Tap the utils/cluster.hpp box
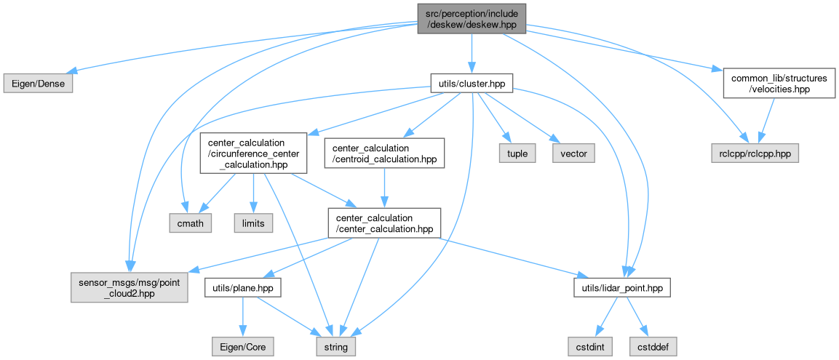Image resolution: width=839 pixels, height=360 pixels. [x=471, y=84]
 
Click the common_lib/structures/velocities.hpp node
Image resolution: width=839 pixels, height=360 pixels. [x=775, y=84]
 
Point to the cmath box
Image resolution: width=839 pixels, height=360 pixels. [x=191, y=223]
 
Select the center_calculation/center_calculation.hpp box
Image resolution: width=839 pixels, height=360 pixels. [x=384, y=223]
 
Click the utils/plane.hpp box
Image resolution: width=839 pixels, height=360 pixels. [x=243, y=289]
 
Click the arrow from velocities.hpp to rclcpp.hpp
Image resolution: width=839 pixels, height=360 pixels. [x=765, y=120]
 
